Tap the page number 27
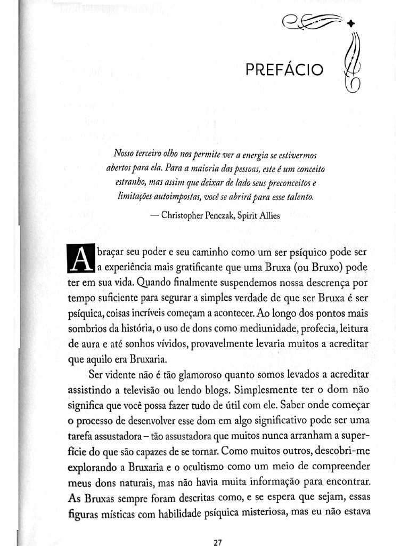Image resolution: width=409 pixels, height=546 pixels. tap(217, 542)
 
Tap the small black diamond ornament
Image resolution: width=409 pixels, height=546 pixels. tap(350, 23)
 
